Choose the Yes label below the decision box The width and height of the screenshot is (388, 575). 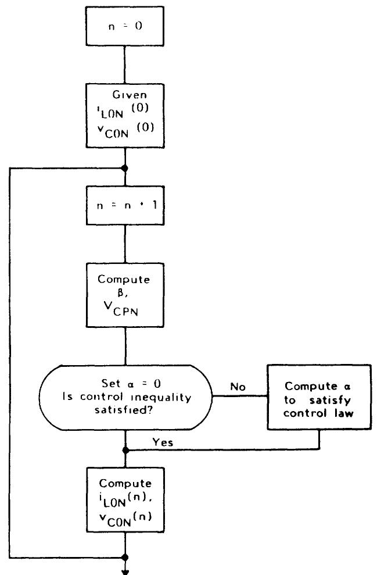click(x=167, y=443)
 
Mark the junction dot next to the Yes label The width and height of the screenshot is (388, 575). click(x=125, y=450)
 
